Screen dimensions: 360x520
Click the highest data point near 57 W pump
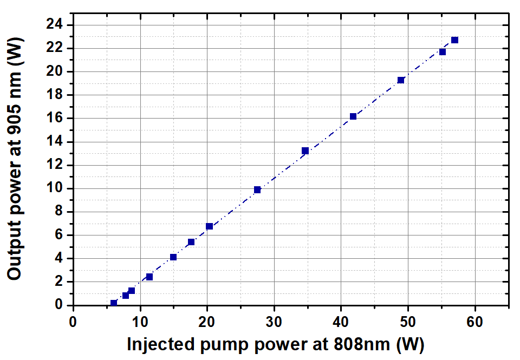coord(454,40)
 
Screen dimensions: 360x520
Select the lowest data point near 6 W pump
coord(114,303)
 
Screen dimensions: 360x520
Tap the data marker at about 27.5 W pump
coord(257,189)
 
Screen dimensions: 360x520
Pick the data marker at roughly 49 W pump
coord(401,80)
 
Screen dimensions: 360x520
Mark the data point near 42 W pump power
coord(353,116)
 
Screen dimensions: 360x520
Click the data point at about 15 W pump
coord(173,257)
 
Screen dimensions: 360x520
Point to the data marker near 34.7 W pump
coord(305,150)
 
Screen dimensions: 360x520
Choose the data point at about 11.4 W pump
coord(149,277)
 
